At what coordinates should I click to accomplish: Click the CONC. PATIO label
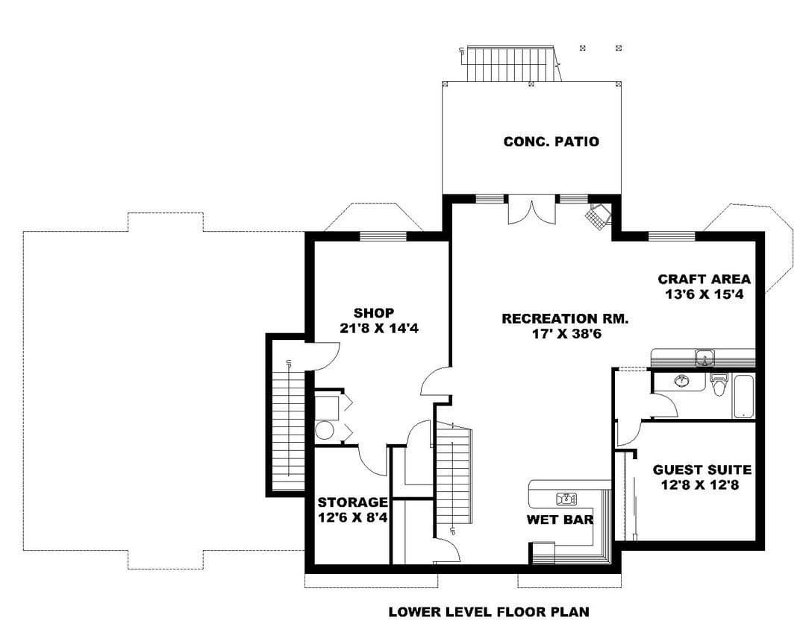tap(551, 142)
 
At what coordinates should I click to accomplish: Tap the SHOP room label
tap(374, 313)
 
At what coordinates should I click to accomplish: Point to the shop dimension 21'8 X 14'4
tap(379, 328)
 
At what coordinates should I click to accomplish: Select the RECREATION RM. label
tap(565, 319)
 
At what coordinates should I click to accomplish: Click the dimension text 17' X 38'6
tap(566, 335)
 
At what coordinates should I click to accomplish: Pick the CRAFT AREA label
tap(705, 280)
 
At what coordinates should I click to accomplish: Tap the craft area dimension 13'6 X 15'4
tap(705, 294)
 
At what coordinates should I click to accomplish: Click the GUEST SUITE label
tap(702, 470)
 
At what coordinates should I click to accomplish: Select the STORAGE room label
tap(352, 502)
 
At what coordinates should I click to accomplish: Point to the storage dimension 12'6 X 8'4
tap(352, 518)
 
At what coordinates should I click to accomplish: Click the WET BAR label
tap(560, 520)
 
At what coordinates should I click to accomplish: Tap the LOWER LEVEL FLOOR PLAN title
tap(489, 612)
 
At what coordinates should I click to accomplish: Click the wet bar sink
tap(566, 499)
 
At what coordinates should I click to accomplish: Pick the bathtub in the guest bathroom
tap(743, 397)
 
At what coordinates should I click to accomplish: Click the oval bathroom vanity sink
tap(683, 381)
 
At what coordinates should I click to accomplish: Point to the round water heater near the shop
tap(325, 430)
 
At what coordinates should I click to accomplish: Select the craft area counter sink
tap(705, 358)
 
